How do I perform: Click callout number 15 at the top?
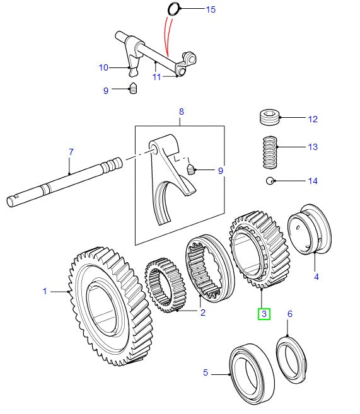(211, 9)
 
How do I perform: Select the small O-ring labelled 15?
(174, 9)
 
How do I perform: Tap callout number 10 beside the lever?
(103, 67)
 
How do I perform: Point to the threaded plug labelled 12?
(269, 118)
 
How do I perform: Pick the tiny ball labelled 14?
(269, 181)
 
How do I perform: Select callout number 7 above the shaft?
(71, 152)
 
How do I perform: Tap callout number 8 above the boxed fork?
(181, 112)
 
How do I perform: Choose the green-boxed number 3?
(263, 313)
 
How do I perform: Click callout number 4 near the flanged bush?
(316, 275)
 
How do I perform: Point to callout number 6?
(290, 313)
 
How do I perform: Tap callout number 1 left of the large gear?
(45, 291)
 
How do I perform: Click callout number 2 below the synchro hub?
(202, 312)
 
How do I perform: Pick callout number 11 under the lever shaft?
(156, 77)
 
